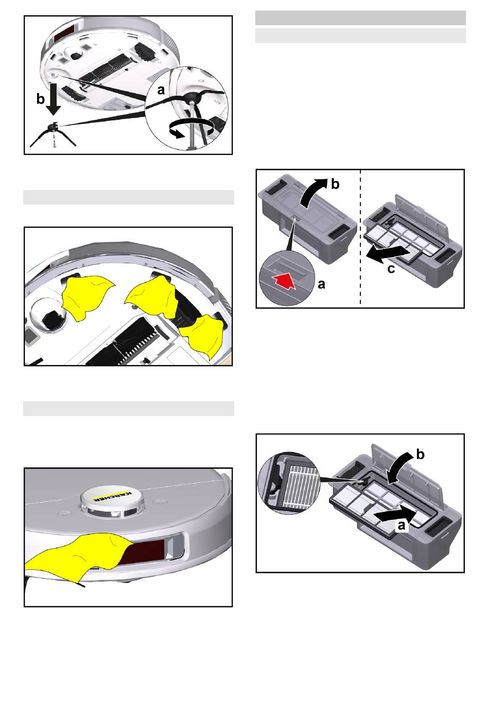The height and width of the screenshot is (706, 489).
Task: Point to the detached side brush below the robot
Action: point(53,135)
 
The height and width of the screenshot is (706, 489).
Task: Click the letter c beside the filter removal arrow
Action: point(391,269)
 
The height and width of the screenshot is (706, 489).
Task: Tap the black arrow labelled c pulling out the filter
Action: point(388,252)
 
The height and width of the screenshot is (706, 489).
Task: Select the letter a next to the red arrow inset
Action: point(321,284)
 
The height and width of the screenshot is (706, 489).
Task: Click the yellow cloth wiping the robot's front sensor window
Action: point(79,556)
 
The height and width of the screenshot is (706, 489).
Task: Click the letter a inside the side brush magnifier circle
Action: point(161,90)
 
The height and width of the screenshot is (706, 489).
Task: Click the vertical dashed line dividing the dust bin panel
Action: point(360,238)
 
